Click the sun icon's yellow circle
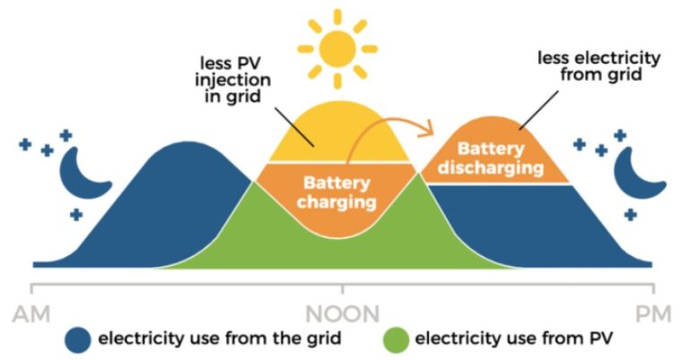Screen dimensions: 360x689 [x=339, y=49]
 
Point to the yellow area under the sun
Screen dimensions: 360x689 [x=336, y=135]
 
